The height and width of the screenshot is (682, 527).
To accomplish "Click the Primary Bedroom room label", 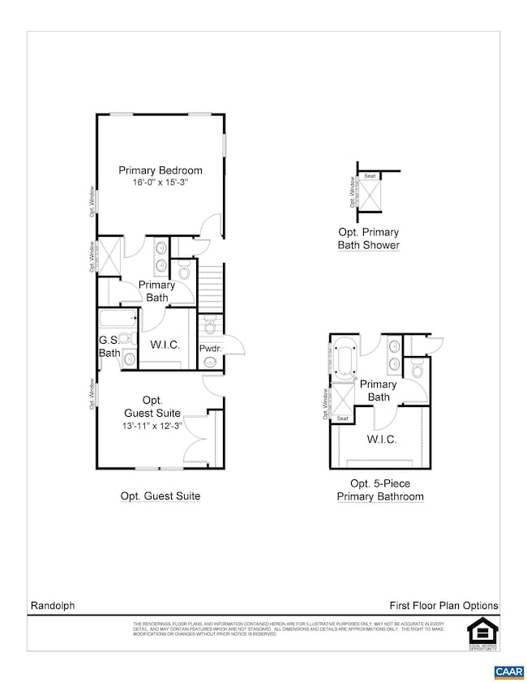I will [160, 170].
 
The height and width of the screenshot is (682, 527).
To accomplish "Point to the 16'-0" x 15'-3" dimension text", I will [160, 183].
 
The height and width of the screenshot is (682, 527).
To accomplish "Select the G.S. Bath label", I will [109, 347].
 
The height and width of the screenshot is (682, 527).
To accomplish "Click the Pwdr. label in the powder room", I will [211, 349].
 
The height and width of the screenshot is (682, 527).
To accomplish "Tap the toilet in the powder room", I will [209, 326].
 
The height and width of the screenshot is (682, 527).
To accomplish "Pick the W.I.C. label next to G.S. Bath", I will [164, 345].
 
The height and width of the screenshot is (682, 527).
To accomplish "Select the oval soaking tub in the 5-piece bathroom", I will [345, 358].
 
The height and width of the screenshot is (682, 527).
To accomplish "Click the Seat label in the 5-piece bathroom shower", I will [342, 418].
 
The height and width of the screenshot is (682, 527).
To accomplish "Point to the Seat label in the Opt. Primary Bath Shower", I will [370, 176].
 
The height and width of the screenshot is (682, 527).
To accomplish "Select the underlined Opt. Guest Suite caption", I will [160, 495].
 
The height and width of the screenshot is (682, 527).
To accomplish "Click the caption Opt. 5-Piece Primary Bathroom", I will [380, 491].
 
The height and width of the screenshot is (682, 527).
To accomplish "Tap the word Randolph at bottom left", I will [53, 606].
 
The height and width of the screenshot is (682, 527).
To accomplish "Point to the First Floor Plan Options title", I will [443, 606].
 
